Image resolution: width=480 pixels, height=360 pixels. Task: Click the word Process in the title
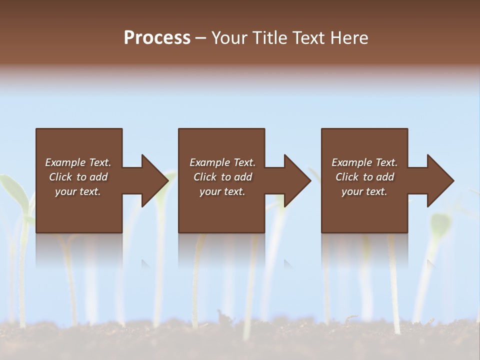157,37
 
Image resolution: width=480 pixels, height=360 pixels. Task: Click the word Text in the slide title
307,37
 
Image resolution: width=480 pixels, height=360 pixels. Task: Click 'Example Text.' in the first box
78,162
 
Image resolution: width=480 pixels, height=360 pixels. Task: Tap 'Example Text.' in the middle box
222,162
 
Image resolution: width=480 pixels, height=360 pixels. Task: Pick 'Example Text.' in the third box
364,162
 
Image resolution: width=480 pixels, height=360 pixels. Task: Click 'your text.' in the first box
78,191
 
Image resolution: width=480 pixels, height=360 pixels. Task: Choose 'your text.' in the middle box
222,191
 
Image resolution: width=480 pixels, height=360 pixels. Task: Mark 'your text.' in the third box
364,191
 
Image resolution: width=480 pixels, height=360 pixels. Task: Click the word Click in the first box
61,177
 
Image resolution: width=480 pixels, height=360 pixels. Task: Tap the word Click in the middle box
205,177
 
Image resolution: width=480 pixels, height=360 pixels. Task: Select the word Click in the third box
347,177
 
